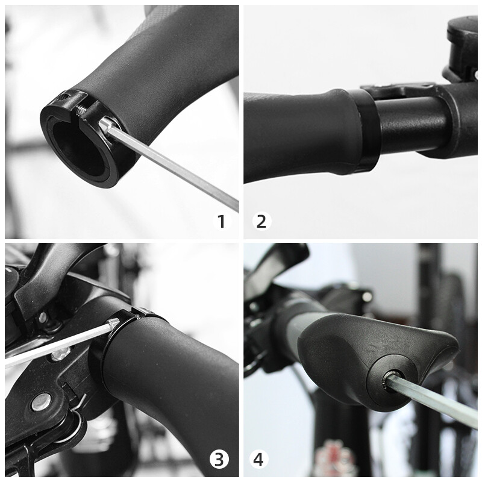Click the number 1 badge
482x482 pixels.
point(221,221)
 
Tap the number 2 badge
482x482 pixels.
point(261,221)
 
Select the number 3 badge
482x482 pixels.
point(219,460)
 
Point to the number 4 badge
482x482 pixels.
point(258,460)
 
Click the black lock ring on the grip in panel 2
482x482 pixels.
point(366,130)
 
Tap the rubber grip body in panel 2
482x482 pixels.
point(295,136)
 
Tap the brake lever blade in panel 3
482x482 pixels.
point(48,271)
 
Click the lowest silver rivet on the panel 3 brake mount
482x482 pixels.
point(40,401)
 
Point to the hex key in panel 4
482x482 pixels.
point(434,401)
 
